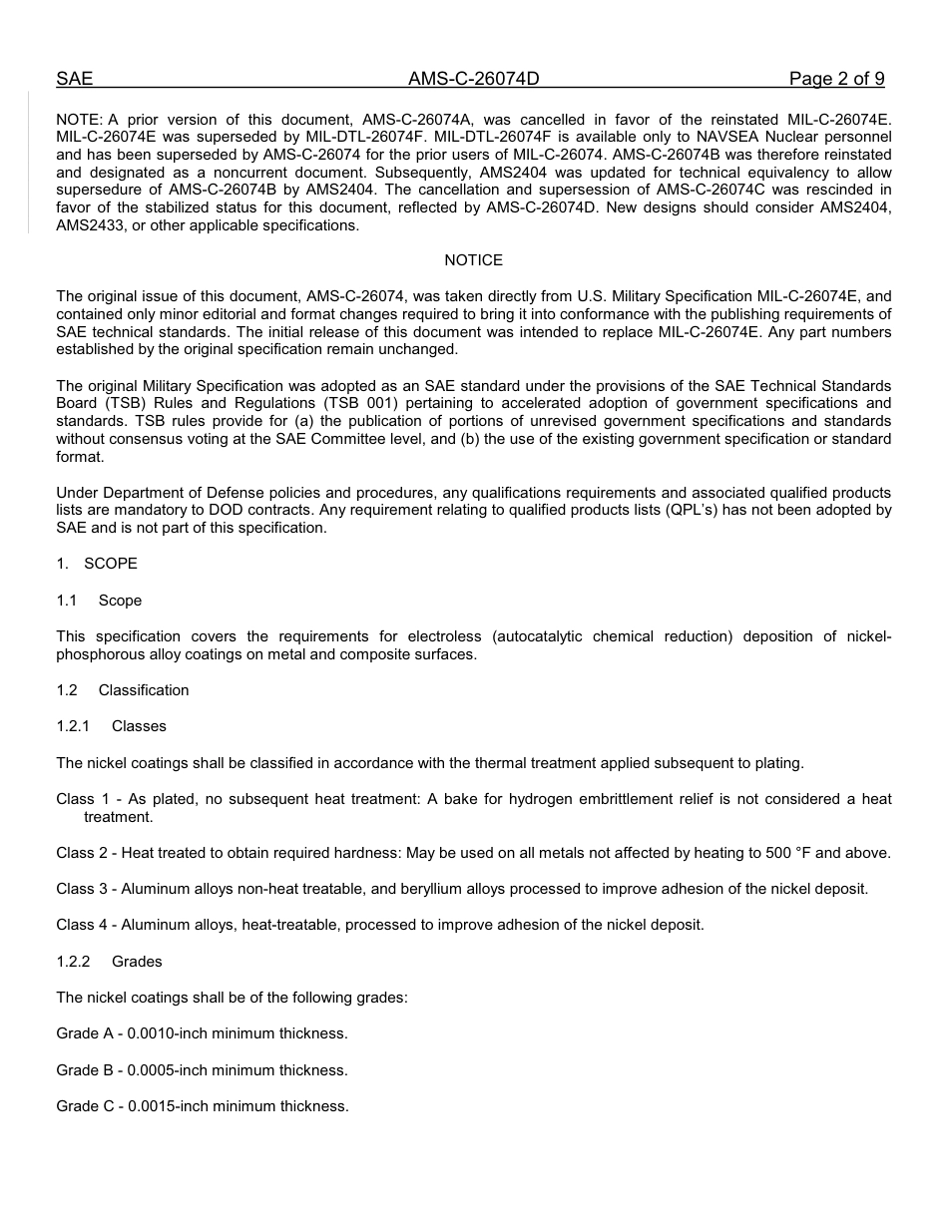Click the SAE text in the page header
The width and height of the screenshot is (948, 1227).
pyautogui.click(x=74, y=80)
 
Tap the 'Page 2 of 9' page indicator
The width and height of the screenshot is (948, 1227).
pyautogui.click(x=836, y=80)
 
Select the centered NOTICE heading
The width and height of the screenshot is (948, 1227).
pyautogui.click(x=473, y=260)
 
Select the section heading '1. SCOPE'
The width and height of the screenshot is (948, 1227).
pyautogui.click(x=97, y=564)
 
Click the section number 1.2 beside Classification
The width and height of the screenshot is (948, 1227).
pyautogui.click(x=67, y=690)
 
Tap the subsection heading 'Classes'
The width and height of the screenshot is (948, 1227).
pyautogui.click(x=139, y=726)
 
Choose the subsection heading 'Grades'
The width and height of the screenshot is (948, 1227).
pyautogui.click(x=137, y=962)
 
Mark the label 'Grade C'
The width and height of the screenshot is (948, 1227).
pyautogui.click(x=85, y=1106)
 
